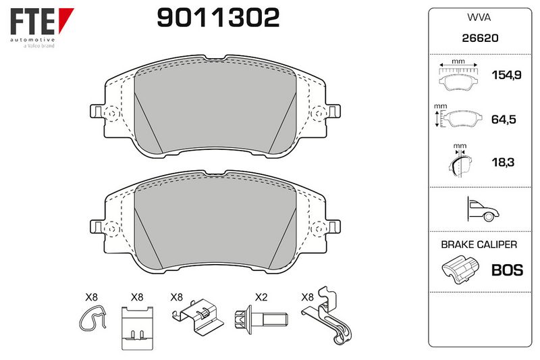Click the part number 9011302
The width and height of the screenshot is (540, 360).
[x=218, y=18]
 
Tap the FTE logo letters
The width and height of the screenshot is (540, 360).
[x=32, y=22]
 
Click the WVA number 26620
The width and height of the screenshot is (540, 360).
[x=480, y=38]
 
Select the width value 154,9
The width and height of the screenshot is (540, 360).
[x=506, y=75]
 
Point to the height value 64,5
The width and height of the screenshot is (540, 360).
[x=504, y=119]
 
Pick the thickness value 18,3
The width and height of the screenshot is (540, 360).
[x=503, y=162]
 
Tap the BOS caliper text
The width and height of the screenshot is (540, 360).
[x=508, y=270]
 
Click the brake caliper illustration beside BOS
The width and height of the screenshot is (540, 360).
[x=460, y=269]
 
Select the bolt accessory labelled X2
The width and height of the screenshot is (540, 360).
[x=261, y=319]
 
